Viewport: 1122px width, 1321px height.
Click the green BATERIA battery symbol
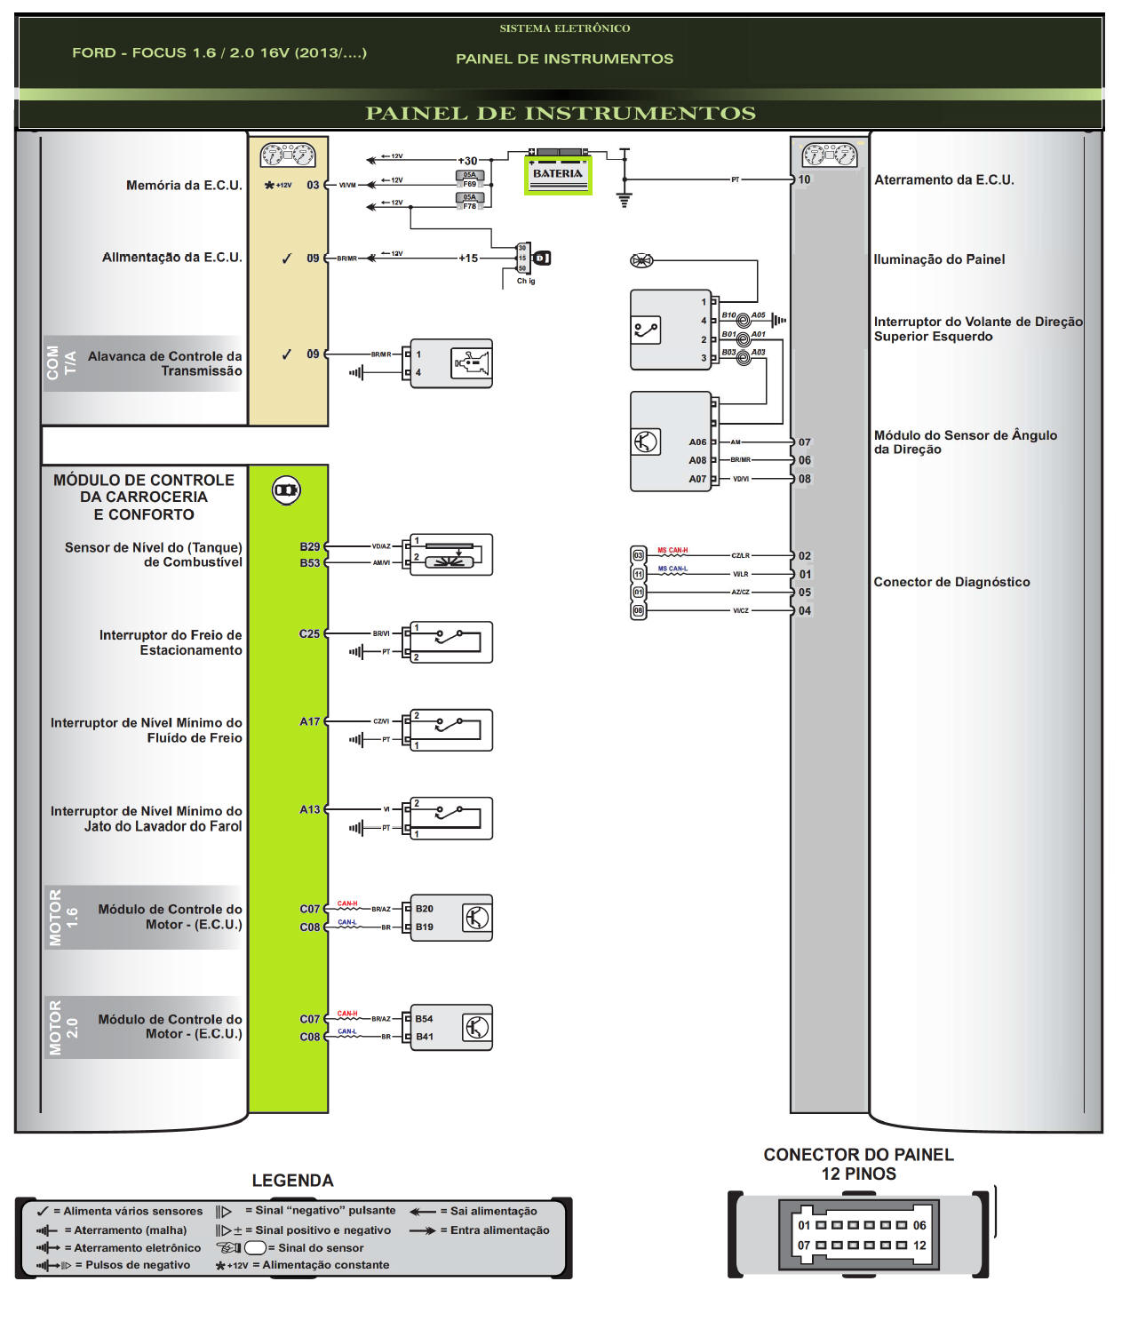558,174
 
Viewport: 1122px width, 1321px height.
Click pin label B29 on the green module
309,546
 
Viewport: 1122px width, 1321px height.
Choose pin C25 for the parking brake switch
309,633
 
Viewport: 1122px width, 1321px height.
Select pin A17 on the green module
309,721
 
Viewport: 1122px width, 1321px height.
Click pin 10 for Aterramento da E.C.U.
804,179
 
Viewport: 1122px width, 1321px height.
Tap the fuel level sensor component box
450,554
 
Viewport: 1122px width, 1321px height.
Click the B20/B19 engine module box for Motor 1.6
450,918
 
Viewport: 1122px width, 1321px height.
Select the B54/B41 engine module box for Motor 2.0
450,1028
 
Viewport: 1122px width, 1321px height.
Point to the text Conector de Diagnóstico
951,582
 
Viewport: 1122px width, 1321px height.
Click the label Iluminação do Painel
939,259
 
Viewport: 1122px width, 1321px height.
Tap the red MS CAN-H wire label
672,551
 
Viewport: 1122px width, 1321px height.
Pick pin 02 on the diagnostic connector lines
804,556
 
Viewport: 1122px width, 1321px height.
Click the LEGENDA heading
292,1181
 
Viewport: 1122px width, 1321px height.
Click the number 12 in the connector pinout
919,1245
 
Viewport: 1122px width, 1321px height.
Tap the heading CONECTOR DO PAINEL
858,1155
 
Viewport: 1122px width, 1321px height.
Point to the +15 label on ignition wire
468,259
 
